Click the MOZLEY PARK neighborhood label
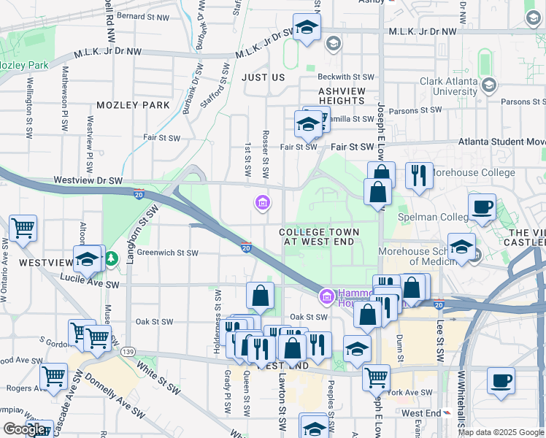133,105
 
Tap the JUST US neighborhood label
264,77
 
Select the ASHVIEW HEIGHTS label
342,96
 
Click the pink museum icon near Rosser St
261,202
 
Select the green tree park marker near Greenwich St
110,258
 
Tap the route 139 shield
129,352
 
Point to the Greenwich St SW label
168,253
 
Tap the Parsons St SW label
415,111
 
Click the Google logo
24,429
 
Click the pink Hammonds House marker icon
326,296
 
